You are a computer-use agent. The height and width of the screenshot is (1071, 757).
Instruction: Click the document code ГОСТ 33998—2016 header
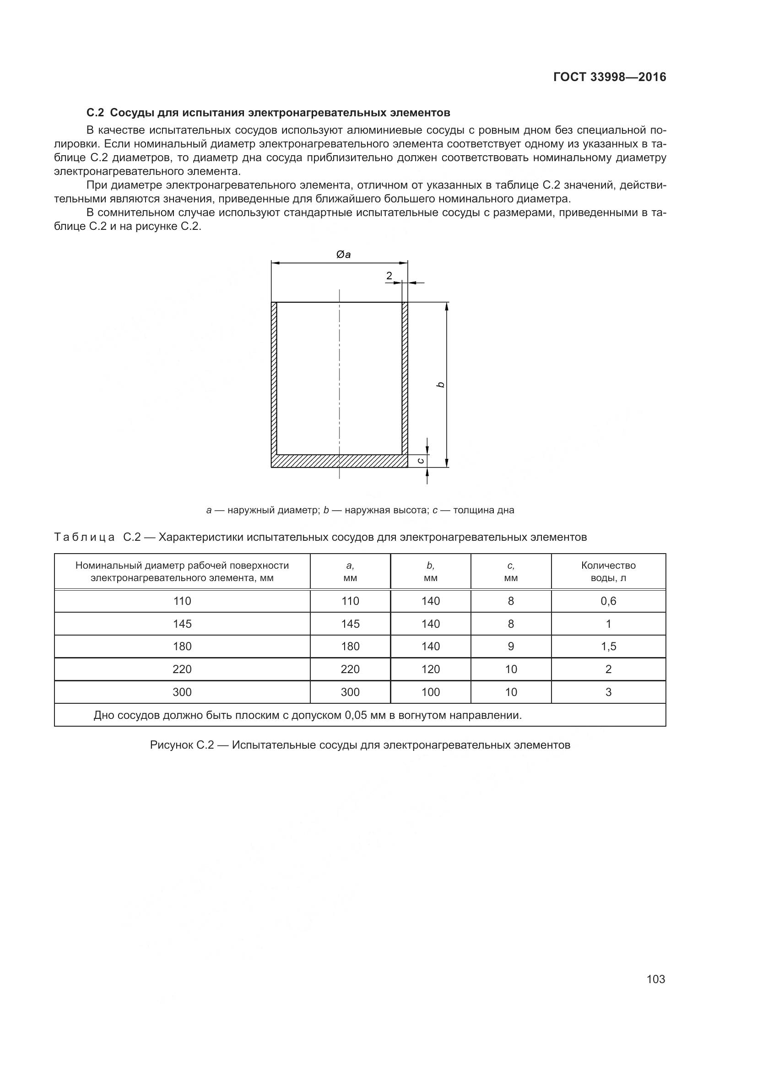point(609,77)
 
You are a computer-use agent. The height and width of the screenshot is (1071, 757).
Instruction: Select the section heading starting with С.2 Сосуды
point(268,113)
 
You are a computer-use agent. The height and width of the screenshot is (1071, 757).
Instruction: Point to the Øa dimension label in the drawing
point(344,255)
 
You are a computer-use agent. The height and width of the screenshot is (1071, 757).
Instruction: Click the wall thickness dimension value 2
point(389,276)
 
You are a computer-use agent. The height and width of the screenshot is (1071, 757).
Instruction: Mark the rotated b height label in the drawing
point(440,385)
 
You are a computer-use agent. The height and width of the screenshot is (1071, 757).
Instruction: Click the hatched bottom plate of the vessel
point(339,461)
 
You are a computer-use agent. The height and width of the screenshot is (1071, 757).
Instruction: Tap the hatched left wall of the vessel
point(274,378)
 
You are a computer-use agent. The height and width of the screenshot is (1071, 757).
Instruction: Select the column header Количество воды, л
point(608,571)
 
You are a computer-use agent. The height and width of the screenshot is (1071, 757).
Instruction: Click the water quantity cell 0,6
point(608,601)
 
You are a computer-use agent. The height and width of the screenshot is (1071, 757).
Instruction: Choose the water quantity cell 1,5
point(608,647)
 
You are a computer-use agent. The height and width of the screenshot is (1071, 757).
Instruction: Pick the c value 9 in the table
point(511,647)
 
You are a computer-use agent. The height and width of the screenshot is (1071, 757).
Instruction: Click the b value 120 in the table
point(430,669)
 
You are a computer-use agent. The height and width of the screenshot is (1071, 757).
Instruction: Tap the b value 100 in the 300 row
point(430,692)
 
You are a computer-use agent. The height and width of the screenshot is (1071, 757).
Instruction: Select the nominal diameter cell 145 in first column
point(182,624)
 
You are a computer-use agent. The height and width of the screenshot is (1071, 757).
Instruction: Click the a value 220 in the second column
point(350,669)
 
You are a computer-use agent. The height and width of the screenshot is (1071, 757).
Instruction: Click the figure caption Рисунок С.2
point(360,745)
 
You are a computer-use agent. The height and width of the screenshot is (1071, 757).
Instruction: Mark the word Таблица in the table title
point(84,538)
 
